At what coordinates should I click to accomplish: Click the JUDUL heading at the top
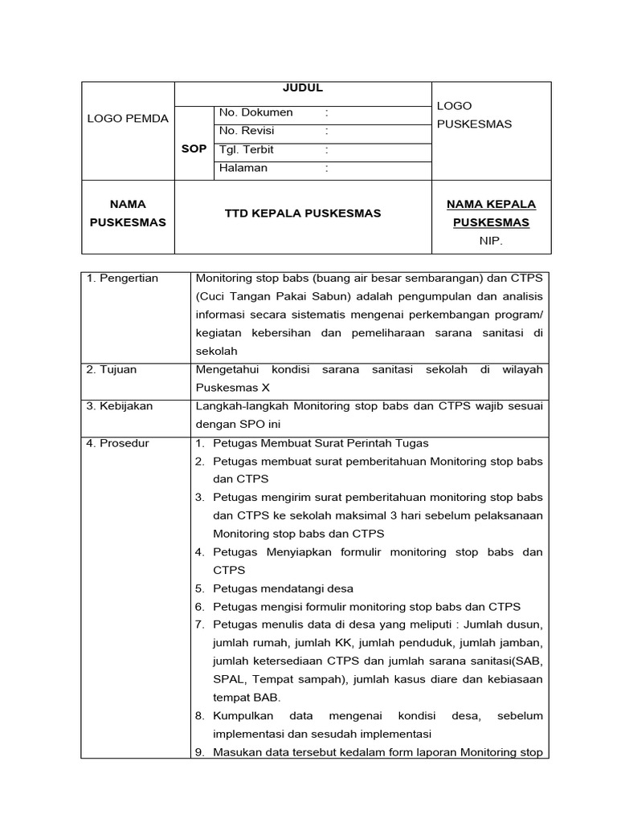[303, 89]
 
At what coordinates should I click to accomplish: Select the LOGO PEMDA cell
[128, 119]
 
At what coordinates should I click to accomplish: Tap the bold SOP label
[194, 149]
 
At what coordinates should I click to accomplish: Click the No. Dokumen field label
[256, 112]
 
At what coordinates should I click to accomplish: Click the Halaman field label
[243, 169]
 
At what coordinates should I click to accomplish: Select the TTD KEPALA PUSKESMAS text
[303, 214]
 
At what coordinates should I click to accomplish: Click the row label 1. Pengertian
[123, 279]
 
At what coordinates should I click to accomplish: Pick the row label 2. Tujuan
[112, 370]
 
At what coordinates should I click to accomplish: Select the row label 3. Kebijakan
[120, 406]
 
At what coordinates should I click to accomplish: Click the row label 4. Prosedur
[118, 443]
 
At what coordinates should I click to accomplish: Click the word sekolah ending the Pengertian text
[217, 352]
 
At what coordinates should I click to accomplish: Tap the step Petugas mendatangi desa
[283, 588]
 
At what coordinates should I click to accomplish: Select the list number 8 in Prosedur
[200, 715]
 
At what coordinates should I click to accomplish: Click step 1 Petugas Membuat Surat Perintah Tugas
[321, 443]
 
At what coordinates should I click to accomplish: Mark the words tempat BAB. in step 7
[247, 698]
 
